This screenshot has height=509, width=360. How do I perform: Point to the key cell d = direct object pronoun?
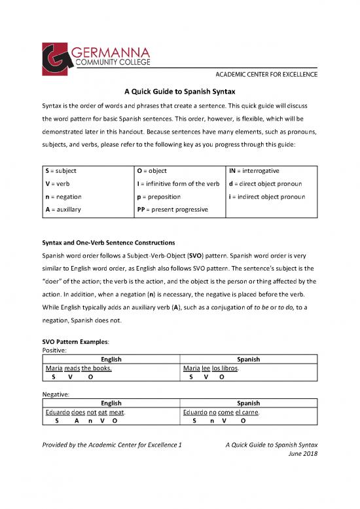pos(268,183)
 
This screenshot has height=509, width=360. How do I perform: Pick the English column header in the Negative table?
pos(111,404)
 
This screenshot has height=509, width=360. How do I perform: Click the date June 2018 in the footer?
pos(302,454)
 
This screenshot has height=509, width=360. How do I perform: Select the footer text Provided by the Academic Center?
pos(112,445)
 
